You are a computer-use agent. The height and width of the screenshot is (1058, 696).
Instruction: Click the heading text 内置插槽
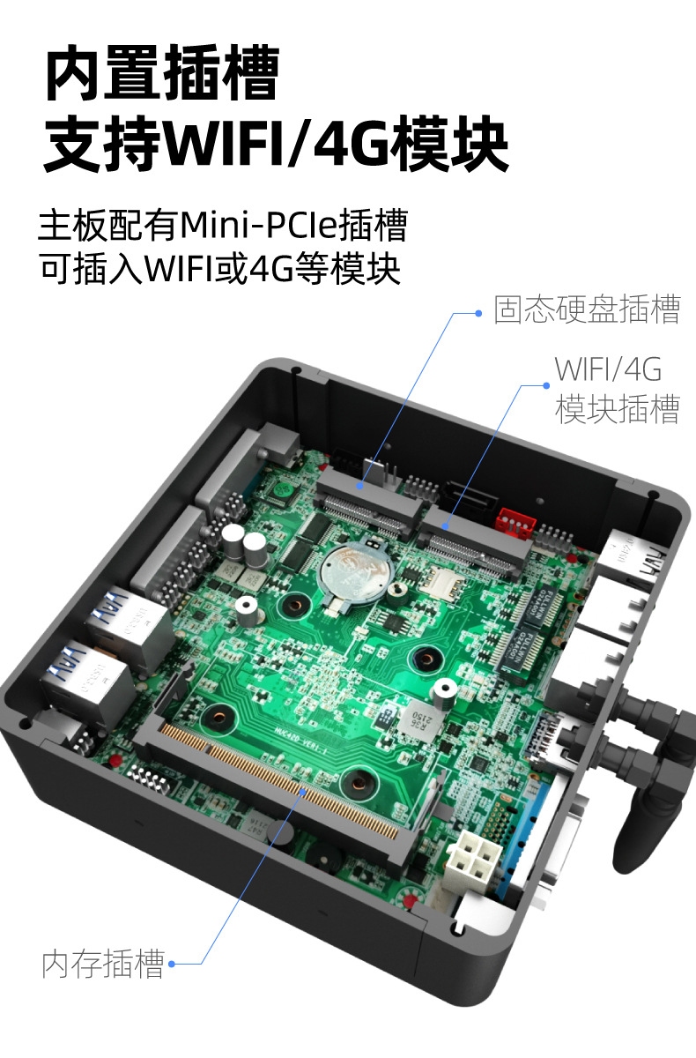pyautogui.click(x=161, y=76)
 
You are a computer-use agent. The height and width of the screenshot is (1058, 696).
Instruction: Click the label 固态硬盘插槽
pyautogui.click(x=587, y=310)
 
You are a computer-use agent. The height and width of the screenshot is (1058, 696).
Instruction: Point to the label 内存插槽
pyautogui.click(x=103, y=964)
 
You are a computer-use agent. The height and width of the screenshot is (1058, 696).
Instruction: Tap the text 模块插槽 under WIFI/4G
pyautogui.click(x=617, y=409)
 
